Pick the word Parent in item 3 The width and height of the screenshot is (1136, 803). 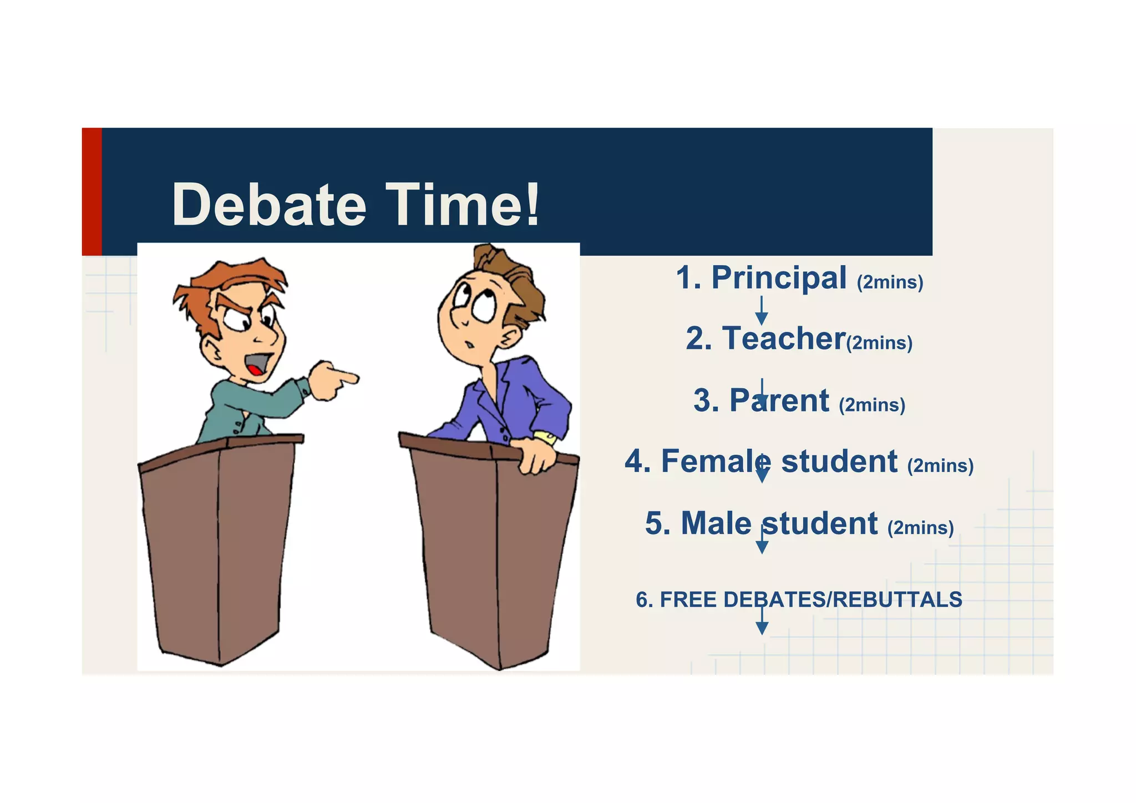779,400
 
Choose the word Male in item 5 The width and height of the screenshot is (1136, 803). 716,523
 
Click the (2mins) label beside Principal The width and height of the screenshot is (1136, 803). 890,282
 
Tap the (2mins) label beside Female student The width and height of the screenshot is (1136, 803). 940,466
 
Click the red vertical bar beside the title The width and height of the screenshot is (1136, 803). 92,191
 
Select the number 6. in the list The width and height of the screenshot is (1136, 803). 644,600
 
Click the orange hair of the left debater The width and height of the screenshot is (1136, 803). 233,280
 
